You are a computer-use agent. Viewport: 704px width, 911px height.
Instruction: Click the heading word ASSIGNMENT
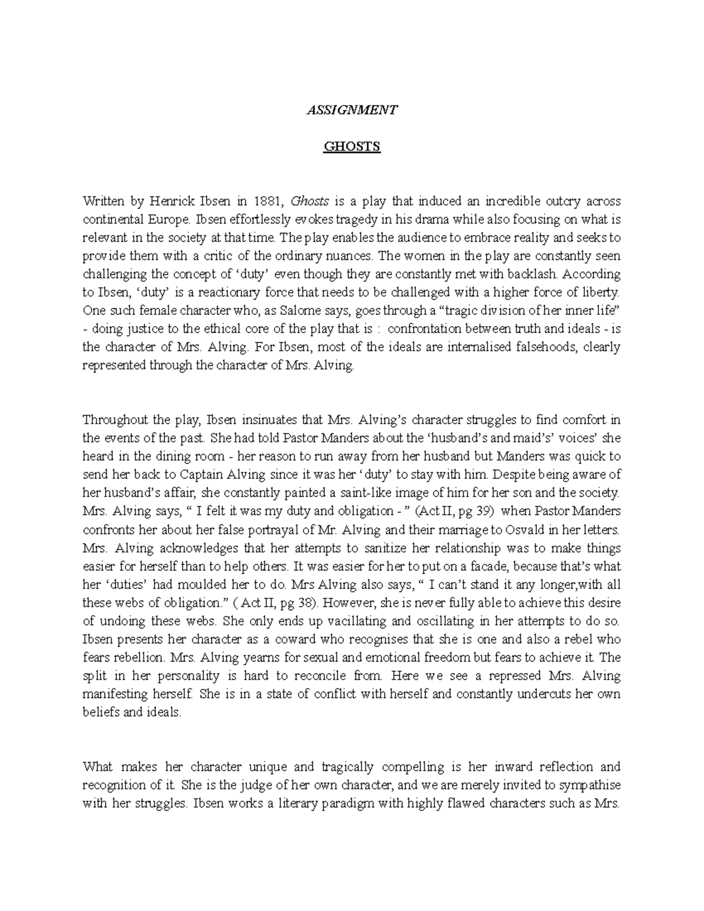(352, 110)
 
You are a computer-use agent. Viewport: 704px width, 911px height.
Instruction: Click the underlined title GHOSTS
(352, 146)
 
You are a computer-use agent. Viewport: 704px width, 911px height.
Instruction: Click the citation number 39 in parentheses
(482, 511)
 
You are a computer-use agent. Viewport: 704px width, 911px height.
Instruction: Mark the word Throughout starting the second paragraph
(115, 420)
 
